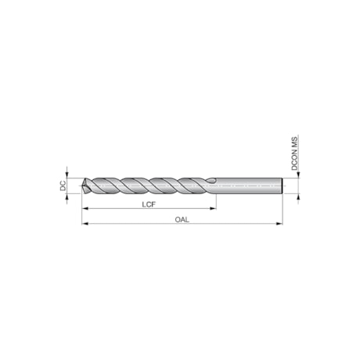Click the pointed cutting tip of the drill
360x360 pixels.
click(83, 187)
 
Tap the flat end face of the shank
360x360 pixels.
click(281, 186)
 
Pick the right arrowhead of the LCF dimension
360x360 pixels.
click(212, 210)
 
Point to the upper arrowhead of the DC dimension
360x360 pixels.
click(68, 175)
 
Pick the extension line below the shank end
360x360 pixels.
click(282, 211)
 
